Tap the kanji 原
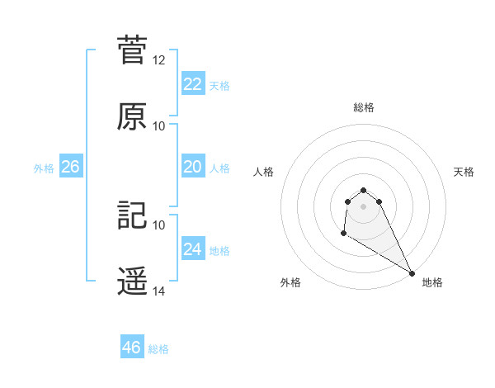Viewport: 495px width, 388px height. click(132, 116)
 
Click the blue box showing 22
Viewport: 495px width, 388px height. click(193, 83)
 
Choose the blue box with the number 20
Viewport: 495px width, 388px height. click(193, 167)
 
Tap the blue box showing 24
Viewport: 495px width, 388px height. click(193, 248)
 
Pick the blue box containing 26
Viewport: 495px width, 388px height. click(71, 167)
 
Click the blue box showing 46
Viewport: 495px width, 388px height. click(132, 348)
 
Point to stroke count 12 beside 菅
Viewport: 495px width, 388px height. click(159, 60)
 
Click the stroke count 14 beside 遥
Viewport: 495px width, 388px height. click(159, 291)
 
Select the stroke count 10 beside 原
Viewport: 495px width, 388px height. click(159, 126)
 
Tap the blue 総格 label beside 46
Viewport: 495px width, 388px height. click(158, 349)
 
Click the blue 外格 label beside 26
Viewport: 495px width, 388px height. click(44, 168)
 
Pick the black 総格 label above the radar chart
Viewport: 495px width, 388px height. click(364, 107)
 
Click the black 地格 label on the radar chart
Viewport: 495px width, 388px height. click(432, 282)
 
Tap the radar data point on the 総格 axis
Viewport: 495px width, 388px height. click(364, 187)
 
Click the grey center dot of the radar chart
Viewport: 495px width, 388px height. click(364, 217)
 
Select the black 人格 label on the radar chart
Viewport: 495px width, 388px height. click(264, 172)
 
